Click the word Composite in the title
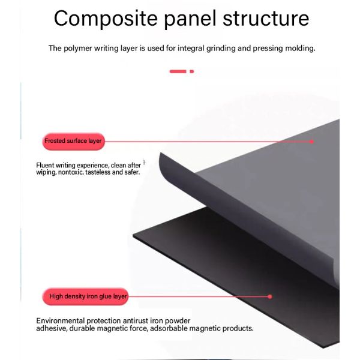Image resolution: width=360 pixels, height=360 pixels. [x=106, y=19]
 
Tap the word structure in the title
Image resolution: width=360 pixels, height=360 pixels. [x=266, y=19]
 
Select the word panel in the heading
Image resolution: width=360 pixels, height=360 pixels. [x=190, y=19]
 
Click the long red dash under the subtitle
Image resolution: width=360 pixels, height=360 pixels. [x=178, y=71]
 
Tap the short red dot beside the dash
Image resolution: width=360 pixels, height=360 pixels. [x=192, y=71]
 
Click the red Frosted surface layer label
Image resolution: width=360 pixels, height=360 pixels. [x=73, y=142]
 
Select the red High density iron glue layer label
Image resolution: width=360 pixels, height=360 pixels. [x=85, y=296]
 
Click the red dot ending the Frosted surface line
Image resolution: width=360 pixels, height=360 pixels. [x=311, y=142]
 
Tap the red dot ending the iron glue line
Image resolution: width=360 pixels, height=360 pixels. [x=270, y=296]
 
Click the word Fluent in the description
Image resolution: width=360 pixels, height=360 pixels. [x=45, y=166]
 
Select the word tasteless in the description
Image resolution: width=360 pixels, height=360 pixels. [x=98, y=172]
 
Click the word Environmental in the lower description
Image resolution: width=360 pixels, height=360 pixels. [x=61, y=321]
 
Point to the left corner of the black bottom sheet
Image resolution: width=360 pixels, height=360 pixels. [x=133, y=236]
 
